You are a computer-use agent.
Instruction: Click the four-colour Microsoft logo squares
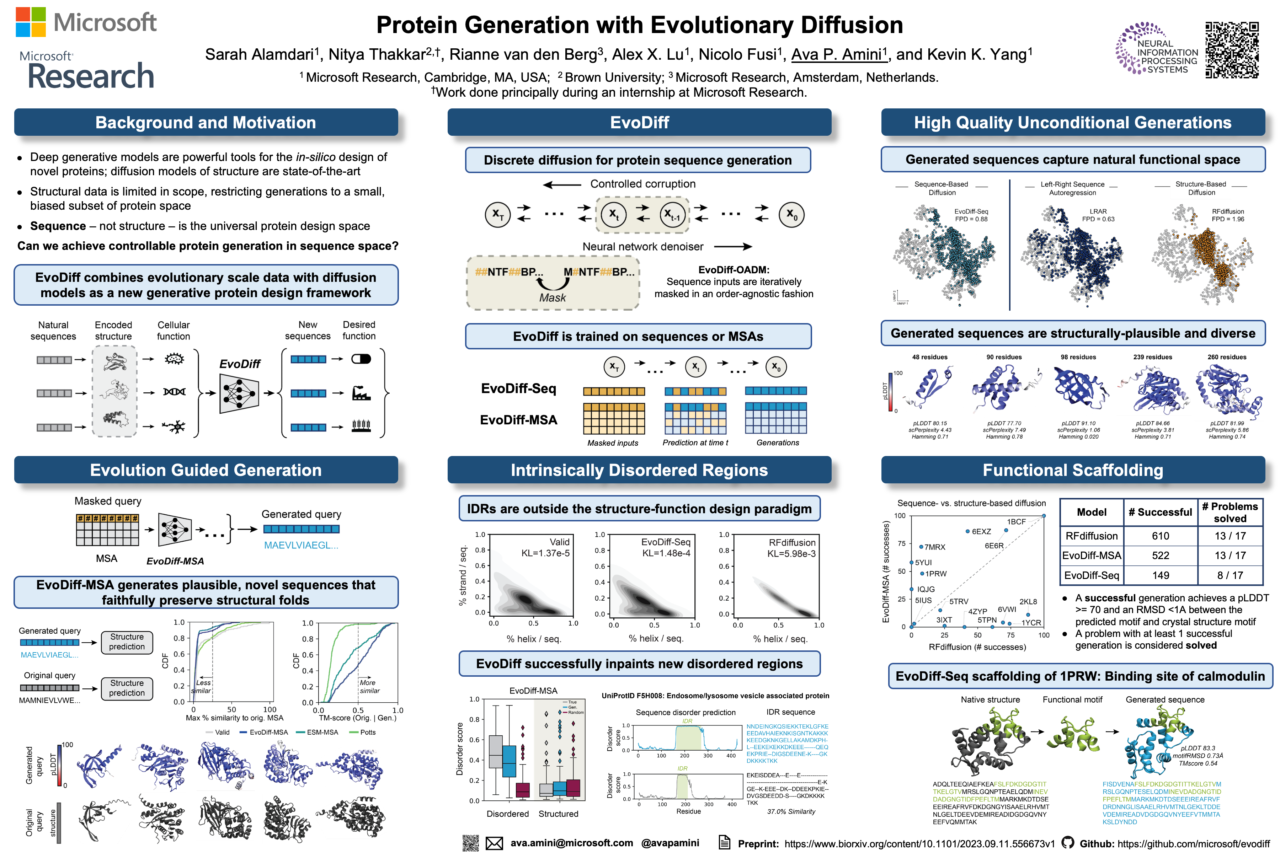(x=31, y=22)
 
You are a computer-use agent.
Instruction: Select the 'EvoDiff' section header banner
(x=639, y=122)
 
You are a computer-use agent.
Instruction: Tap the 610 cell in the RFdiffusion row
(x=1160, y=536)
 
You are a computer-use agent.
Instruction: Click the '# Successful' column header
(x=1160, y=512)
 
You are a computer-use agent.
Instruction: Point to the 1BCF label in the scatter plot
(x=1016, y=522)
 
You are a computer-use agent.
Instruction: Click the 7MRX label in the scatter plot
(x=935, y=547)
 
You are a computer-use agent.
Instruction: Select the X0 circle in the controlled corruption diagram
(x=791, y=214)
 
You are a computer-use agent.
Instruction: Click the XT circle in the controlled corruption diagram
(x=497, y=214)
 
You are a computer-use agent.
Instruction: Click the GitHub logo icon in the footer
(x=1068, y=843)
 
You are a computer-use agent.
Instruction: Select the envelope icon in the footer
(x=494, y=843)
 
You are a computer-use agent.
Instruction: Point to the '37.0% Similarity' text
(x=791, y=812)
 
